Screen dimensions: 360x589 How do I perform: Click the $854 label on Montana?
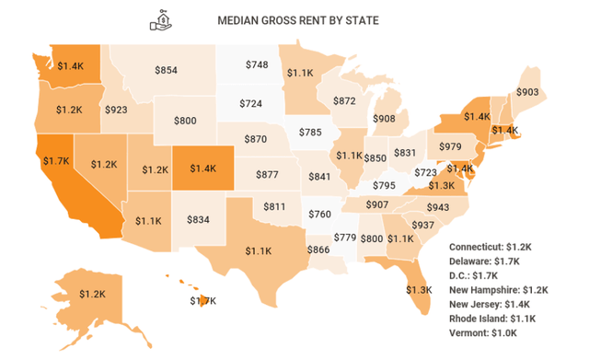[x=166, y=70]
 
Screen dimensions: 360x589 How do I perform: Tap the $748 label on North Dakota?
[x=258, y=64]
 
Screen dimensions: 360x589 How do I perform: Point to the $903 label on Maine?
[x=527, y=92]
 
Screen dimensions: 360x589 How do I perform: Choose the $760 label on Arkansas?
[x=319, y=215]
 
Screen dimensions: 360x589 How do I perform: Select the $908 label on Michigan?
[x=385, y=119]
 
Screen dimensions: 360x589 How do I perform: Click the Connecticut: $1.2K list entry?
[x=499, y=248]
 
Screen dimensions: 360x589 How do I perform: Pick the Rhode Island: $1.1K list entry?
[x=500, y=318]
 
